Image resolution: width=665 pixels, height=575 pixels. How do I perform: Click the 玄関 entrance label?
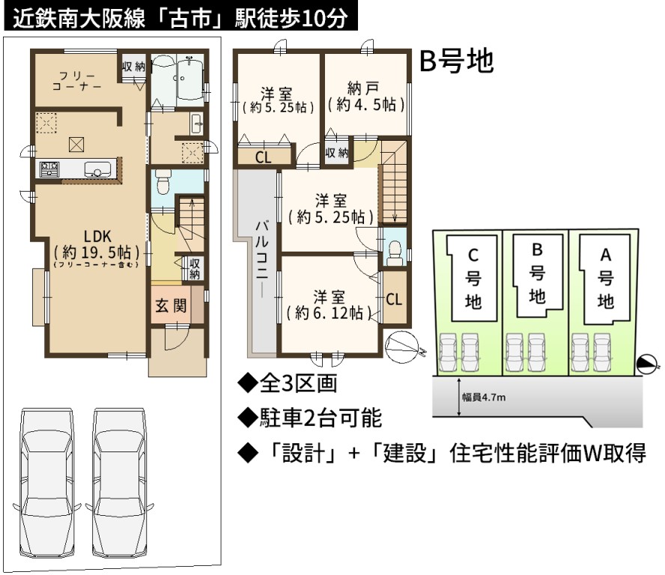point(171,305)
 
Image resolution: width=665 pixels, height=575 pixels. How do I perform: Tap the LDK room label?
point(97,236)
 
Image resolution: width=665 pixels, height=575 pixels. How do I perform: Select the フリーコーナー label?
point(77,81)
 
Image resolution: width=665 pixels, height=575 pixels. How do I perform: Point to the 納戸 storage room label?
point(363,88)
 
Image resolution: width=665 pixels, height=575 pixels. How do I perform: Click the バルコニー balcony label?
point(261,258)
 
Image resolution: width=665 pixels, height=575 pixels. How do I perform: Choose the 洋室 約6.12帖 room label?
point(329,305)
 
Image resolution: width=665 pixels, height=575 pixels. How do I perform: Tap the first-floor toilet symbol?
point(163,181)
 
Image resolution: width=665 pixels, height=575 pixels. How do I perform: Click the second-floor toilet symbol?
point(395,253)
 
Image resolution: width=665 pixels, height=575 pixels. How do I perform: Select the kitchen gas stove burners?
point(49,169)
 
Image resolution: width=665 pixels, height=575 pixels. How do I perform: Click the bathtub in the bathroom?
point(189,79)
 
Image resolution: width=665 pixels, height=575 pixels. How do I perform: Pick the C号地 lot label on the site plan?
point(473,279)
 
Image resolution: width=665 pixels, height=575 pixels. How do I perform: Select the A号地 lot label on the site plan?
point(606,279)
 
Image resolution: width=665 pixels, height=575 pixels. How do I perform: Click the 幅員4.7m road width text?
point(484,398)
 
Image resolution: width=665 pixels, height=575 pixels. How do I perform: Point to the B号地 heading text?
point(456,61)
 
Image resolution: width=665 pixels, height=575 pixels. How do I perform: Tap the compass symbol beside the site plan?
point(647,365)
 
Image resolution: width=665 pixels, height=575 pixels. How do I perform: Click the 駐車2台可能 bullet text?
point(310,418)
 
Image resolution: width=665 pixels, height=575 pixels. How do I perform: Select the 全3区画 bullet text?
point(288,383)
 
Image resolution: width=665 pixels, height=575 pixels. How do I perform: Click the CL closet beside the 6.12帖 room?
point(394,299)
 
